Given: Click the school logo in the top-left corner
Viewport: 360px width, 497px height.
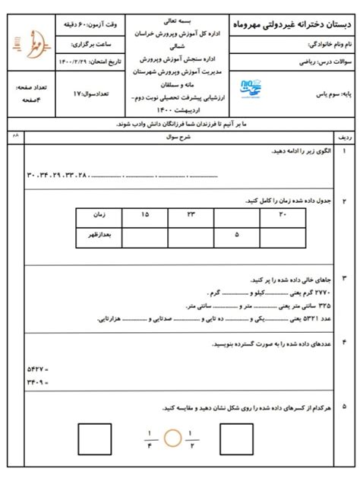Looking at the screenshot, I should [x=30, y=43].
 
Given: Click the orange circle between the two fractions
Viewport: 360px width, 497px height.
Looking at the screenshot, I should [x=175, y=436].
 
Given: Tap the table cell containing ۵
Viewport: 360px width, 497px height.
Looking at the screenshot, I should [x=237, y=235].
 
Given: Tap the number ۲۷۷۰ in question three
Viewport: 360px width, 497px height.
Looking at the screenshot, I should [x=323, y=292].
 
